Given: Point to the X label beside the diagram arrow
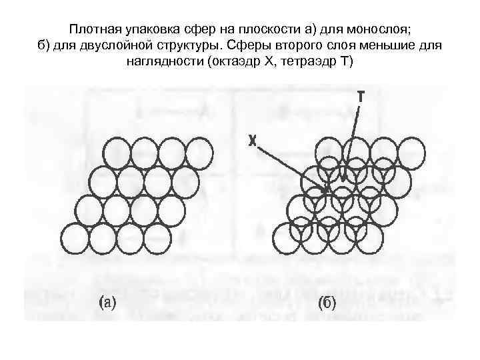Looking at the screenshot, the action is pos(253,141).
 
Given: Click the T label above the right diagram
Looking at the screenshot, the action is pos(360,97).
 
